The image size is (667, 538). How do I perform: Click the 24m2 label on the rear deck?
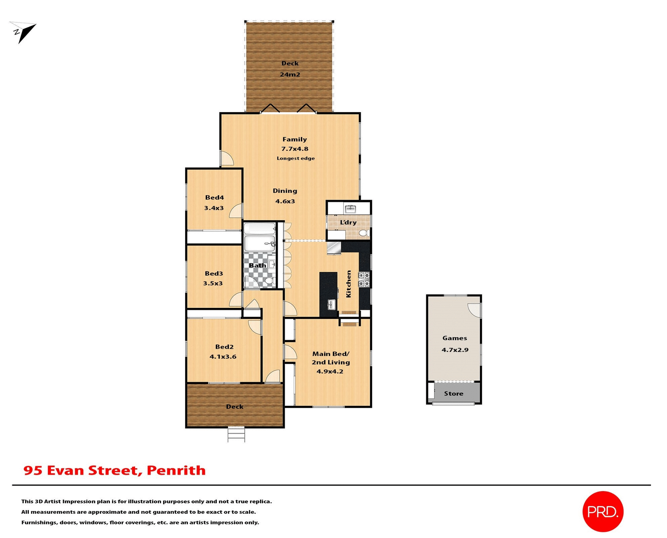[290, 74]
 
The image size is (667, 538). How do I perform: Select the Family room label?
[295, 139]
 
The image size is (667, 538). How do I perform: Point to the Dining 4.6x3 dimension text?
[285, 201]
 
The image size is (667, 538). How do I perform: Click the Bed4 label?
[214, 198]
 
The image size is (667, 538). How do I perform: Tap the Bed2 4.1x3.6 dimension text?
[223, 356]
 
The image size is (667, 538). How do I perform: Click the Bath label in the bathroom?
[257, 265]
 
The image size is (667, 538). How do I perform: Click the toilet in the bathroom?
[269, 280]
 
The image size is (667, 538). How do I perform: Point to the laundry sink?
[350, 209]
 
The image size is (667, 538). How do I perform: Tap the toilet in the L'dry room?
[364, 233]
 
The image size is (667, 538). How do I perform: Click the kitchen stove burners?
[364, 280]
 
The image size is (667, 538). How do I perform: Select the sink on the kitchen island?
[331, 305]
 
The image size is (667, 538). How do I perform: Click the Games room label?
[454, 338]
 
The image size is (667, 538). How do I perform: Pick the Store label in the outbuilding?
[453, 394]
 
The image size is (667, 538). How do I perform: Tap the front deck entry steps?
[236, 435]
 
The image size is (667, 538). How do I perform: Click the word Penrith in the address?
[176, 470]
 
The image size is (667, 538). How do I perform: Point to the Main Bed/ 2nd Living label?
[330, 358]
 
